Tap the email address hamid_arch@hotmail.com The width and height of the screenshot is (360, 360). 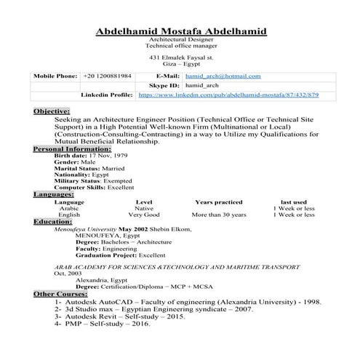(223, 76)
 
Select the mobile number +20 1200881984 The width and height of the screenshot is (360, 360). (107, 76)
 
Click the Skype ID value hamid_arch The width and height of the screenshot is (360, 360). (202, 85)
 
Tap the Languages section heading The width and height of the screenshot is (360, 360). (53, 194)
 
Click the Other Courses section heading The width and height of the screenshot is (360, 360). (60, 293)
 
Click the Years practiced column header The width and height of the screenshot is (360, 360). (218, 201)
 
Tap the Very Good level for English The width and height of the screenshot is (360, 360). (143, 215)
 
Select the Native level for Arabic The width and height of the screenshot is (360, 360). (144, 208)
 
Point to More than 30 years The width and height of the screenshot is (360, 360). (219, 215)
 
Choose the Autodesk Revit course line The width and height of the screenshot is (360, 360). (114, 315)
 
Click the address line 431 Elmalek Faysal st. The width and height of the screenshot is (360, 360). (181, 56)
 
